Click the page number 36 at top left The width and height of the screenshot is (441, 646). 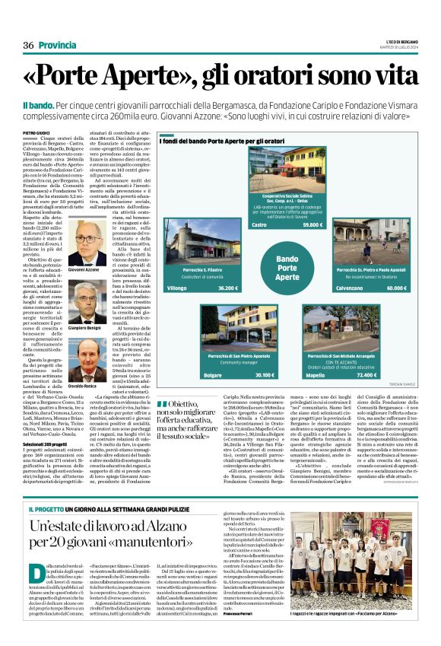[x=28, y=45]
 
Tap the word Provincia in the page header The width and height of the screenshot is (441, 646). [x=57, y=45]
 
